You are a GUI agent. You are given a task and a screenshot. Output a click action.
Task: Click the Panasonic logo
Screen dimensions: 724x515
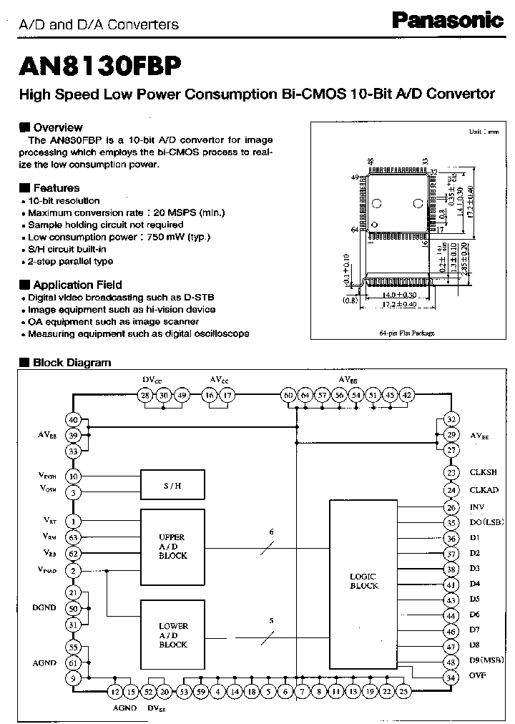(x=448, y=21)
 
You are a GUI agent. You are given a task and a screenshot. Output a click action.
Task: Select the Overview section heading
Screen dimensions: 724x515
(x=57, y=127)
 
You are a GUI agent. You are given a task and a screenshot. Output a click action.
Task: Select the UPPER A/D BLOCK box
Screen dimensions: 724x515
(x=172, y=547)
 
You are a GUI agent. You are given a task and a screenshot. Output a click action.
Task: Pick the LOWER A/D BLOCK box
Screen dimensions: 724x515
(x=172, y=635)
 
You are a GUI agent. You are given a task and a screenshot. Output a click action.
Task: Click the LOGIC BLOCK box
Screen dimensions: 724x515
(x=363, y=581)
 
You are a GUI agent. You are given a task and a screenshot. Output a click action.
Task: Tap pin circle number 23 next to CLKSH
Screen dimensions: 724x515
(x=451, y=472)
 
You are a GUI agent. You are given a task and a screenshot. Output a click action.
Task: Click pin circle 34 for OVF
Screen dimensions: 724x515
(x=451, y=677)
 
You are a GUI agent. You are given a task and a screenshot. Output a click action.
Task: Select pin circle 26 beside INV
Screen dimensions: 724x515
(x=451, y=507)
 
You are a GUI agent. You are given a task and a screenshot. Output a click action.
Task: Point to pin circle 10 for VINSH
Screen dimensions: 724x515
(x=73, y=476)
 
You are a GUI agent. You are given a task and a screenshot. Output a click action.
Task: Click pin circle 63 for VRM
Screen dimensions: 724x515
(x=73, y=537)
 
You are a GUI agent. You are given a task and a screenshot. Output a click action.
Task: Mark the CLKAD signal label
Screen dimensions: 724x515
(x=484, y=490)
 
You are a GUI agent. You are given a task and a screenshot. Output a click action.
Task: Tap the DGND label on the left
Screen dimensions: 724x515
(x=44, y=608)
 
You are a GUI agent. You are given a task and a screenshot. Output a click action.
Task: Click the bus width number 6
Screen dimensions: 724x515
(x=271, y=532)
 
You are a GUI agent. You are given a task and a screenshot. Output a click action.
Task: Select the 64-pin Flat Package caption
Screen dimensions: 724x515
(x=406, y=333)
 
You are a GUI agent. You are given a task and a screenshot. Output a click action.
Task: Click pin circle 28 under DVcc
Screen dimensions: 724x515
(x=145, y=395)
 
